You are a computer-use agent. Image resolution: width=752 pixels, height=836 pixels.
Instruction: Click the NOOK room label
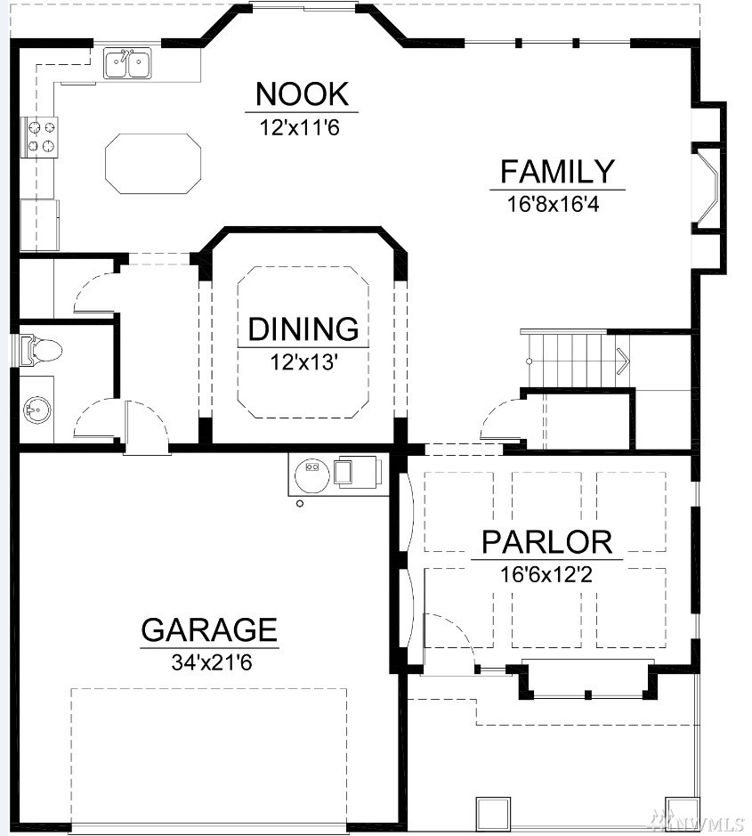coord(302,93)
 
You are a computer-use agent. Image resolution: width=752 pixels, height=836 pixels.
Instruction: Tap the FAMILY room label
coord(557,171)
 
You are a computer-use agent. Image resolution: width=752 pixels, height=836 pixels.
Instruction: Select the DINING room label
coord(303,329)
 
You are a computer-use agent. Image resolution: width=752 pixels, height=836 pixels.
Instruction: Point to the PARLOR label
coord(546,541)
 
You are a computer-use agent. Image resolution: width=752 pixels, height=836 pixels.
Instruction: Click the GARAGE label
coord(209,629)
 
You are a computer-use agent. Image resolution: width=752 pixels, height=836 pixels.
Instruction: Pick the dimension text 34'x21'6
coord(212,662)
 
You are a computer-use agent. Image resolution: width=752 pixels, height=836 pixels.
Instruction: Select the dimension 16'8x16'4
coord(553,204)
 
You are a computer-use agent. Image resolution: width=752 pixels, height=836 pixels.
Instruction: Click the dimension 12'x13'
coord(304,362)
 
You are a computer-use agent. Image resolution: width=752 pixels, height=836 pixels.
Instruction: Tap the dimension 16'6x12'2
coord(546,575)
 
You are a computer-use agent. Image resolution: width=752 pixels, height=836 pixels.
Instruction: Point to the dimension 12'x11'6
coord(300,128)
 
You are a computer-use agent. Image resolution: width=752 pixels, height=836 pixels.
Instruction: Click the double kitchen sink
coord(127,63)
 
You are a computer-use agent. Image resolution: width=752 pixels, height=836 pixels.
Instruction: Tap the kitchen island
coord(153,164)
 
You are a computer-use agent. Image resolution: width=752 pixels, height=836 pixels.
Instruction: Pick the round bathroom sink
coord(38,410)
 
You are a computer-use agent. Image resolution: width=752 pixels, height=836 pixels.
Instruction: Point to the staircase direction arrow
coord(622,361)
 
